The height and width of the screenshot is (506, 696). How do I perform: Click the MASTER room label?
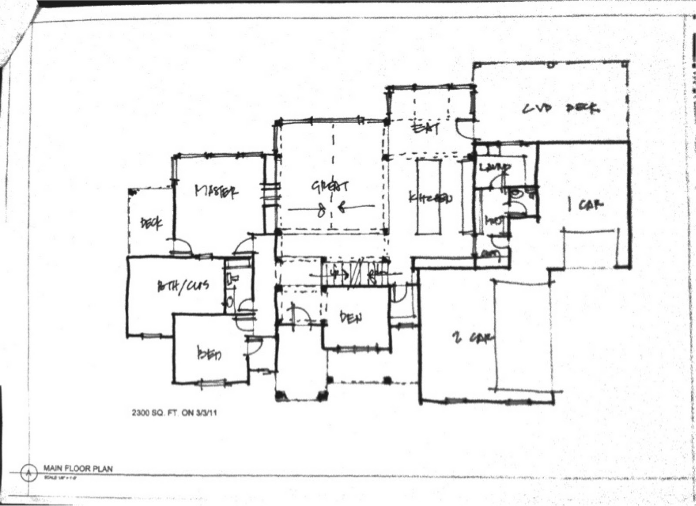point(217,192)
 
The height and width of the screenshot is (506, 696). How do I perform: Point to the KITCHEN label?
point(430,198)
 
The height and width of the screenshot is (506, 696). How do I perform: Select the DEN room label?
point(350,318)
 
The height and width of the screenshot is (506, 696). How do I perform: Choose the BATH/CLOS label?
point(183,286)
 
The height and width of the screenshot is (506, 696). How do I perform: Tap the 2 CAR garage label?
point(472,337)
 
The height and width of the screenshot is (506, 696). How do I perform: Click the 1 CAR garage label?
point(585,204)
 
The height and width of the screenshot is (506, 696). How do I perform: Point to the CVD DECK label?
point(561,108)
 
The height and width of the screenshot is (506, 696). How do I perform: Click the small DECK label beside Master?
point(151,223)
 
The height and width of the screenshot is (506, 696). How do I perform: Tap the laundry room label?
point(495,168)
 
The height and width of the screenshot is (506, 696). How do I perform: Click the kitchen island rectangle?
point(429,197)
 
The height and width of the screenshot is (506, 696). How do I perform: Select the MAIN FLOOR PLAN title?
point(78,469)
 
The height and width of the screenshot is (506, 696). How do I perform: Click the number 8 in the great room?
point(321,211)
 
